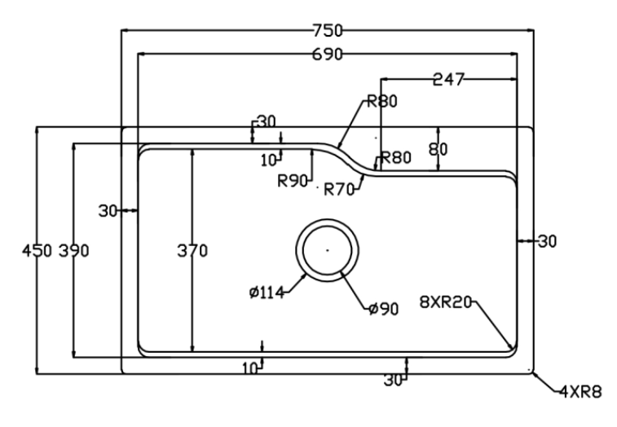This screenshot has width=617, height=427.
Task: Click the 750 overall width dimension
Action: pyautogui.click(x=327, y=30)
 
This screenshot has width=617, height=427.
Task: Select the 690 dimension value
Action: pyautogui.click(x=327, y=55)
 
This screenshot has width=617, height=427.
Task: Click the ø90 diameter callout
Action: pyautogui.click(x=382, y=309)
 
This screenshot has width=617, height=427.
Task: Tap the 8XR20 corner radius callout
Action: pyautogui.click(x=445, y=302)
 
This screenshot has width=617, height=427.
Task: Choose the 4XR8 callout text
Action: pyautogui.click(x=580, y=392)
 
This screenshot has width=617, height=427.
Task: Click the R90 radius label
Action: pyautogui.click(x=292, y=180)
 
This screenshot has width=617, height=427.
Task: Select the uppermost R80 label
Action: pyautogui.click(x=381, y=102)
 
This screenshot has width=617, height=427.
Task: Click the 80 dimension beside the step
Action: pyautogui.click(x=439, y=149)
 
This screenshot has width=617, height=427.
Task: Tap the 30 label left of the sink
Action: pyautogui.click(x=108, y=211)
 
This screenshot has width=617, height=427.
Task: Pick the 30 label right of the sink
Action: pyautogui.click(x=547, y=241)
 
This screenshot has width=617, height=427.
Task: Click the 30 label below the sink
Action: pyautogui.click(x=394, y=380)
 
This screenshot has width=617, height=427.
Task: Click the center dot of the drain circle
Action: pyautogui.click(x=326, y=250)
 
